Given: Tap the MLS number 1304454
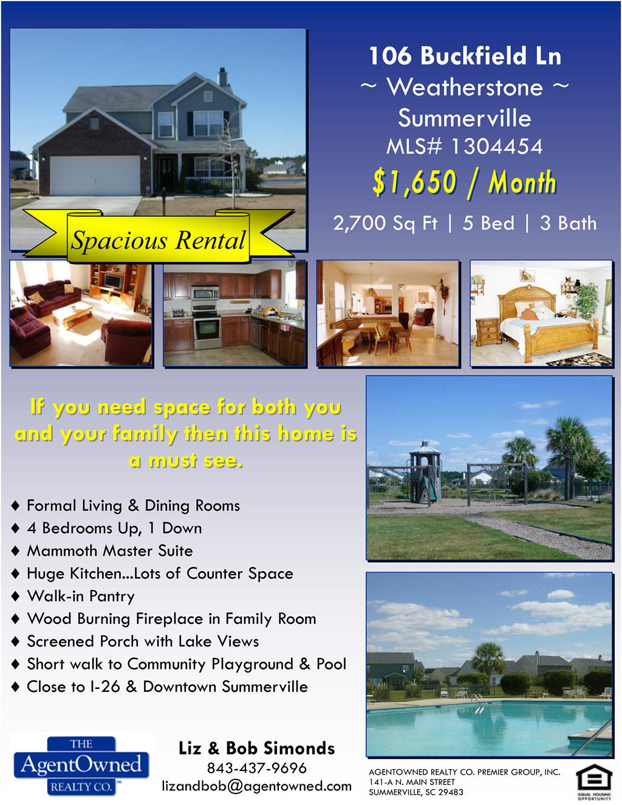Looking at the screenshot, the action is coord(496,146).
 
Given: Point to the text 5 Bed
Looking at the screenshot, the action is coord(488,223).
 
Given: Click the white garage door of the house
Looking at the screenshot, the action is coord(95,175).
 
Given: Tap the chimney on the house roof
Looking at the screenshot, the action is coord(222,77).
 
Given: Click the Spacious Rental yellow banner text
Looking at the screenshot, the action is coord(158,240).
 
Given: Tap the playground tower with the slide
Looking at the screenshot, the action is coord(425,471).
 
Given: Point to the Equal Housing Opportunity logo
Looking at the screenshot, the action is coord(594,782).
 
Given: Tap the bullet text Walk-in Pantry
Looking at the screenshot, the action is coord(81,596).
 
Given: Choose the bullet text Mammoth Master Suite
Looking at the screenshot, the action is coord(110,551).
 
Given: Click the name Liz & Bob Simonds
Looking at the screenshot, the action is coord(256,748).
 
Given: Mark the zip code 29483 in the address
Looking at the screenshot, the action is coord(451,792).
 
